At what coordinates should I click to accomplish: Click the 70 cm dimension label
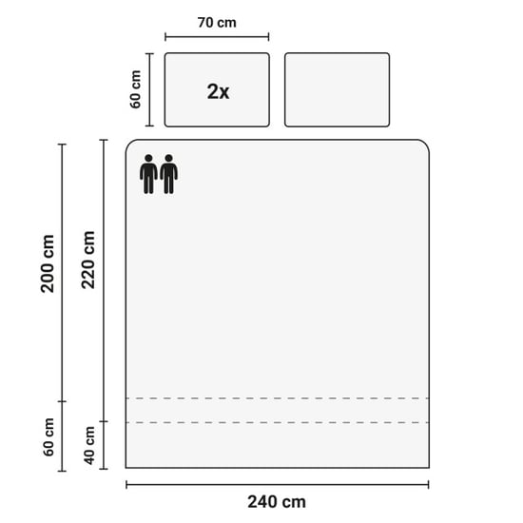click(217, 23)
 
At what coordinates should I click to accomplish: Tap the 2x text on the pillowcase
click(218, 91)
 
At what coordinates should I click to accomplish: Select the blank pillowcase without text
click(337, 89)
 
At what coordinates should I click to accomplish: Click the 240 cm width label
click(277, 502)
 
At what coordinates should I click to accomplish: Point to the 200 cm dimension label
click(48, 263)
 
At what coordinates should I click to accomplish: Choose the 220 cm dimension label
click(88, 260)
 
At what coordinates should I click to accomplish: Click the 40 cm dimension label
click(89, 445)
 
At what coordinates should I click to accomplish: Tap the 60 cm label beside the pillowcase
click(135, 89)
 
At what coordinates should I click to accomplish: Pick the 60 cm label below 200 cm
click(48, 437)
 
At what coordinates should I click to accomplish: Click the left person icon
click(148, 174)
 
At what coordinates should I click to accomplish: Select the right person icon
click(168, 174)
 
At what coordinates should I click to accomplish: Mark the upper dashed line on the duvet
click(278, 398)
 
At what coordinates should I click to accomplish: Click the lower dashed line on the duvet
click(278, 422)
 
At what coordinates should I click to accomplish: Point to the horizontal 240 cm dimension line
click(278, 485)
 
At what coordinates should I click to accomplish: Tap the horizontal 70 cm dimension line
click(217, 37)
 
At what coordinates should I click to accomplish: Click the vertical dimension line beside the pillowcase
click(149, 89)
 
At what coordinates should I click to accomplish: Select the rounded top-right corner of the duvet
click(425, 144)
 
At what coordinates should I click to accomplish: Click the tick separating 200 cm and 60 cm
click(62, 401)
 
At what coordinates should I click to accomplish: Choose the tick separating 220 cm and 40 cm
click(104, 421)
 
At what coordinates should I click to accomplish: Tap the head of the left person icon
click(148, 158)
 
